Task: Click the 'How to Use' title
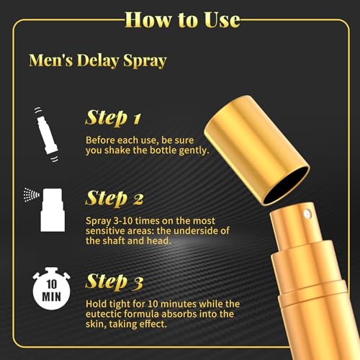181,19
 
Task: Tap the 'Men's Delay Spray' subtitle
97,60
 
